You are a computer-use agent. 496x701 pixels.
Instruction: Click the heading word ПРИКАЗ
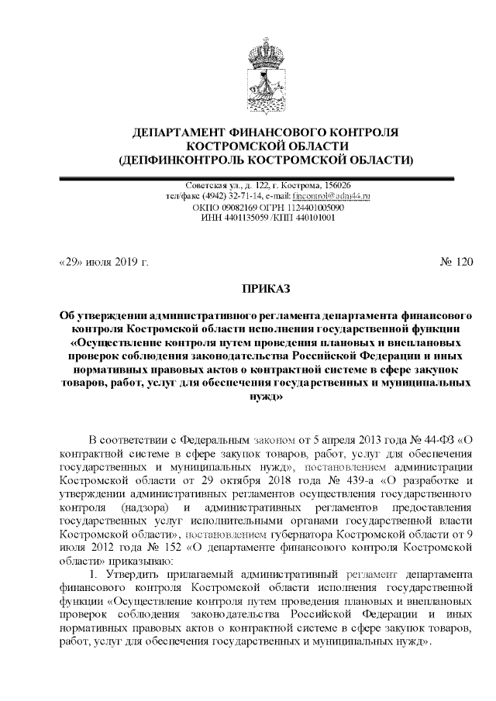266,289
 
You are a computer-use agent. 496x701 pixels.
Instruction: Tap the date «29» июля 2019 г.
103,261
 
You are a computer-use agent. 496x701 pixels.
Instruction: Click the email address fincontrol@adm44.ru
334,197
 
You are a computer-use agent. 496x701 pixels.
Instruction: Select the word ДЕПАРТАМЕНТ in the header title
177,132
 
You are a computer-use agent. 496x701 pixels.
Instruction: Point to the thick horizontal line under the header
266,177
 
